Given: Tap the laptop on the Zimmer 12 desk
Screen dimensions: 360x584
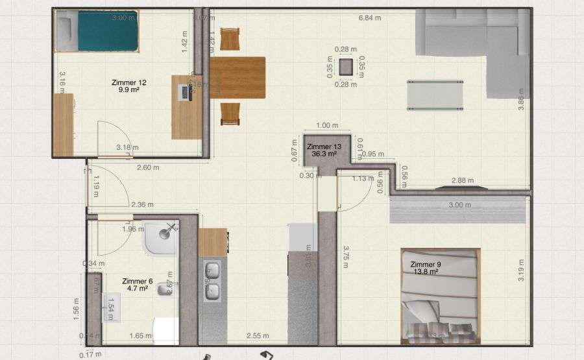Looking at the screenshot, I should pyautogui.click(x=185, y=91).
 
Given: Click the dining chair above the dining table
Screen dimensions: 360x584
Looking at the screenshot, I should pyautogui.click(x=230, y=39).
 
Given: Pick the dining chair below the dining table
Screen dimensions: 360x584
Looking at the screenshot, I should pyautogui.click(x=230, y=114).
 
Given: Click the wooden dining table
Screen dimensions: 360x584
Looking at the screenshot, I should pyautogui.click(x=237, y=77).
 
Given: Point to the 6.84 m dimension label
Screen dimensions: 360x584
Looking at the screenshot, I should pyautogui.click(x=370, y=18).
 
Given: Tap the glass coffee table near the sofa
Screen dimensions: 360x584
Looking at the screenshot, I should pyautogui.click(x=435, y=95).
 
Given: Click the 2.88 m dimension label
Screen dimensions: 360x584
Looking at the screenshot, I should pyautogui.click(x=462, y=180).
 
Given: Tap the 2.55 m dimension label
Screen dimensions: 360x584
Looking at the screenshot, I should pyautogui.click(x=257, y=336).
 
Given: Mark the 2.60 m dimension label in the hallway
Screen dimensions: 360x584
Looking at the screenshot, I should pyautogui.click(x=147, y=167).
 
